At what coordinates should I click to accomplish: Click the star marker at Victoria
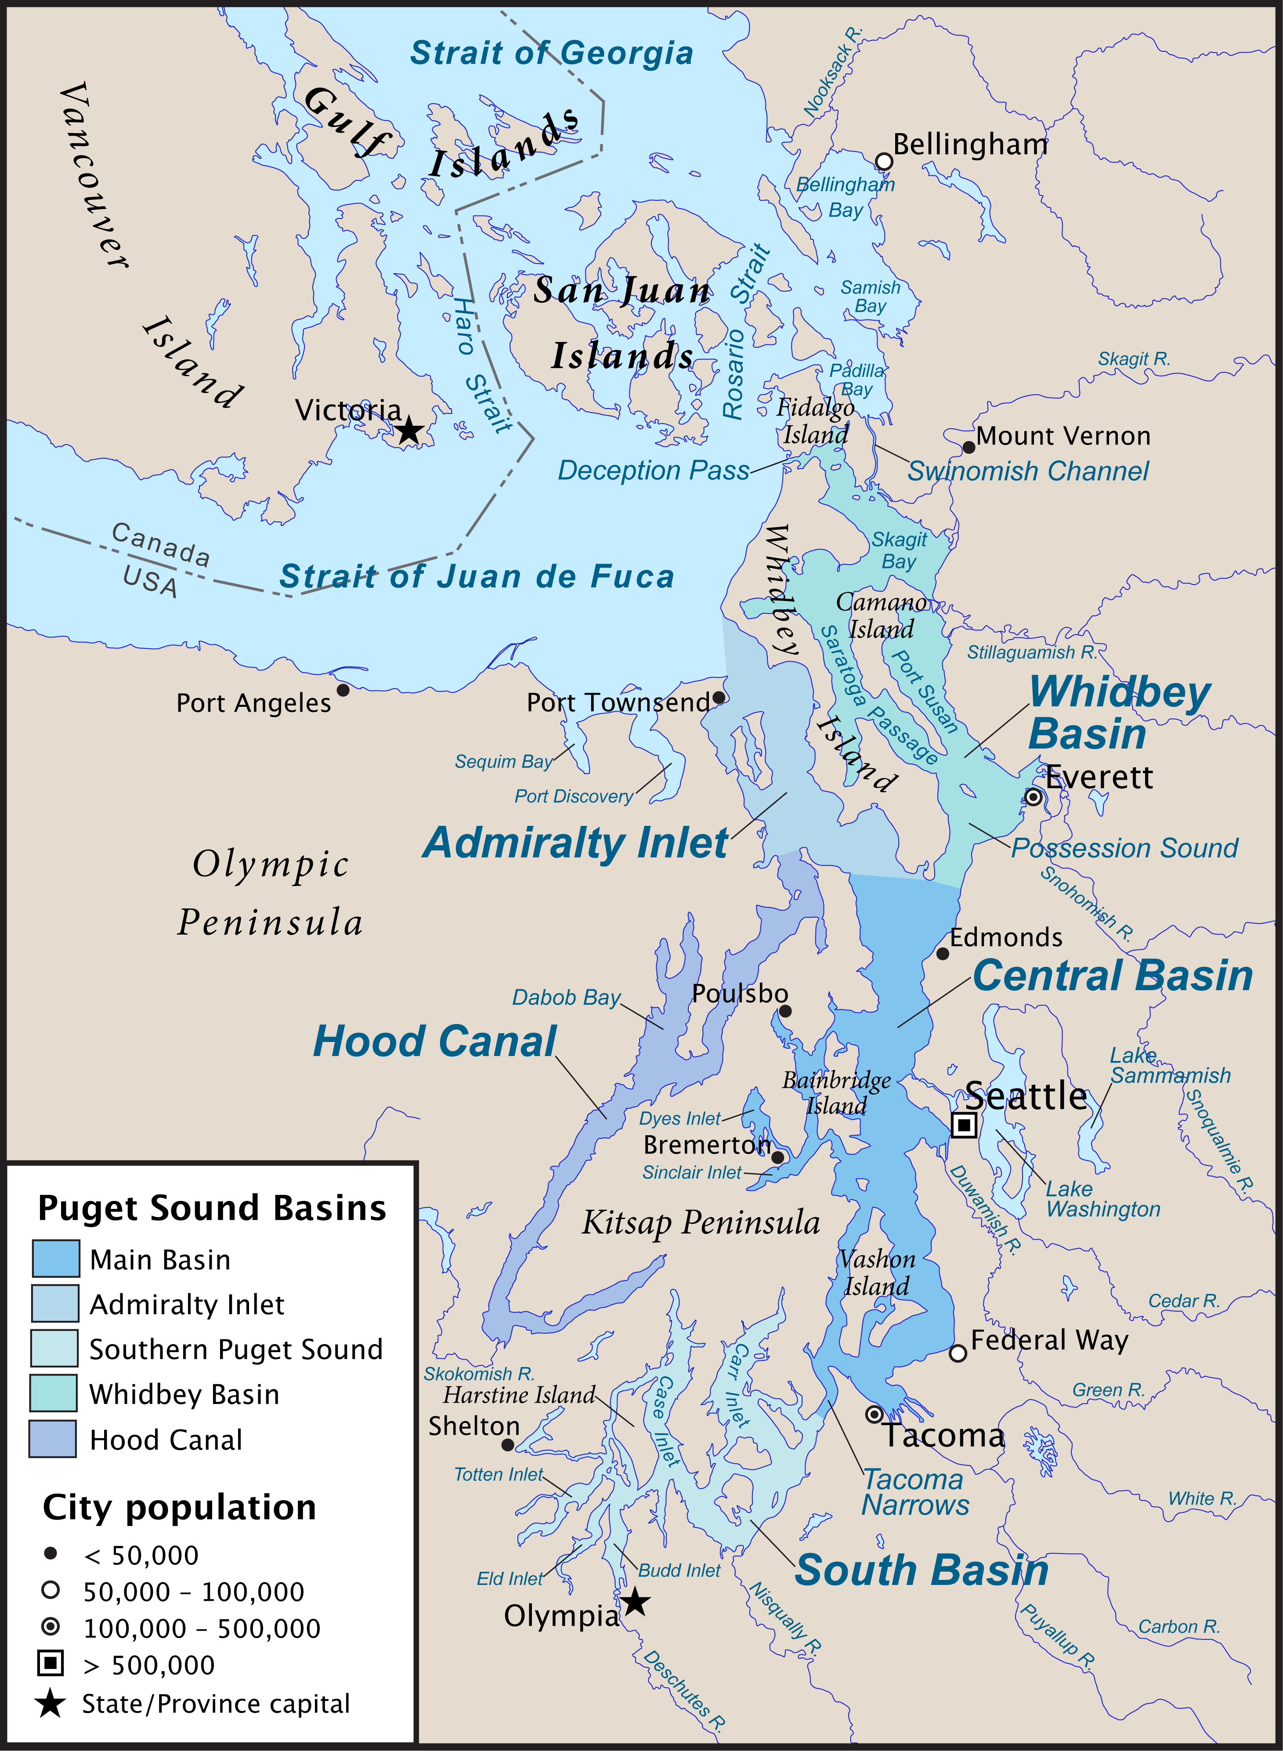pos(408,430)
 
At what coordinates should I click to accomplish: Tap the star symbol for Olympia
pos(635,1601)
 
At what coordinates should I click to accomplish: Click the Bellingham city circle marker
pos(884,162)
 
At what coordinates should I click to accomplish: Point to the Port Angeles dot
pos(343,690)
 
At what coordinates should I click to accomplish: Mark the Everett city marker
pos(1033,797)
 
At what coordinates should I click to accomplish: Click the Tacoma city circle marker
pos(875,1414)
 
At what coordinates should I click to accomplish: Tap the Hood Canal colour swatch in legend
pos(53,1439)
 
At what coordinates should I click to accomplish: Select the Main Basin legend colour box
pos(55,1259)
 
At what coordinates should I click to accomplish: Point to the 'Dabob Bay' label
pos(566,997)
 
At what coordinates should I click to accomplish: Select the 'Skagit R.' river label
pos(1133,359)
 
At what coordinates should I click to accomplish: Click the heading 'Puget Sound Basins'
pos(212,1208)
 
